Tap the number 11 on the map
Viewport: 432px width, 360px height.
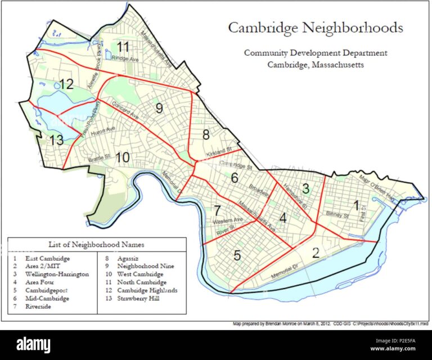[123, 46]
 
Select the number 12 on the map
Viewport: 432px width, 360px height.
[66, 85]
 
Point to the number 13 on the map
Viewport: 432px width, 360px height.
[55, 139]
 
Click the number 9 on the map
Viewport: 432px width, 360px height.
[159, 108]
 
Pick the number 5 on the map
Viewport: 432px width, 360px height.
[237, 255]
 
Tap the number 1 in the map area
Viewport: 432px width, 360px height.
[355, 204]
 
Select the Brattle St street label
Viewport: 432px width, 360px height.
[100, 160]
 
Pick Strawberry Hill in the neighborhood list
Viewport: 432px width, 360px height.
[141, 298]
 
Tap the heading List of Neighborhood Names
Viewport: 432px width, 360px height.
[96, 245]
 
